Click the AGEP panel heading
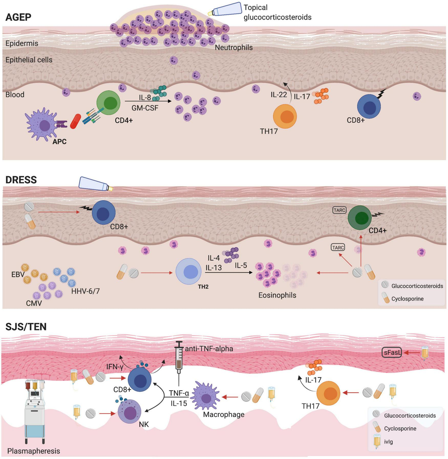[x=18, y=17]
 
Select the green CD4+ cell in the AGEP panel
[x=108, y=103]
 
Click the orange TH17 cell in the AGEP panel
[x=285, y=116]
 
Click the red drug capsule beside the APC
[x=76, y=121]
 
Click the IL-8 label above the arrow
[x=145, y=98]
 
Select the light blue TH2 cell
[x=188, y=271]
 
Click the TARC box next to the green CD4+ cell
[x=339, y=210]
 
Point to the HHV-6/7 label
[x=85, y=291]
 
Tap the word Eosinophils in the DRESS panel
[x=277, y=295]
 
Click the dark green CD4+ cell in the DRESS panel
[x=359, y=218]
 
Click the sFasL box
[x=391, y=353]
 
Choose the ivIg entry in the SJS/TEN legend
[x=388, y=442]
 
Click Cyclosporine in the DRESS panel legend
[x=407, y=299]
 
